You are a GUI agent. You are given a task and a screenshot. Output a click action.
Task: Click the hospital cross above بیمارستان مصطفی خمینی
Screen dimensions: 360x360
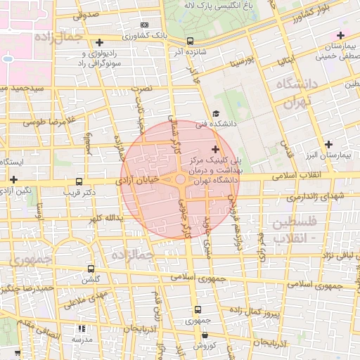340,35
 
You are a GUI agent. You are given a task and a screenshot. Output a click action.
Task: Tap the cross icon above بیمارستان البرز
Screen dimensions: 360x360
329,144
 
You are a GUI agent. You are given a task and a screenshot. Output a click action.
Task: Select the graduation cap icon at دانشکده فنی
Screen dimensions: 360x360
216,114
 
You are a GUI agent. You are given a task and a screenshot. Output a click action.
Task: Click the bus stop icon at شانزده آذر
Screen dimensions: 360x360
191,41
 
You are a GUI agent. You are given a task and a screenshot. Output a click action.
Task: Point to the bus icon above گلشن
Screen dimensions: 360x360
90,269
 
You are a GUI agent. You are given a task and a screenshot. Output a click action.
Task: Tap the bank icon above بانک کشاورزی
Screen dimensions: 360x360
145,24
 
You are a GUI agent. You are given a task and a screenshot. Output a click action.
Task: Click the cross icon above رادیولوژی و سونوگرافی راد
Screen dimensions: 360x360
100,43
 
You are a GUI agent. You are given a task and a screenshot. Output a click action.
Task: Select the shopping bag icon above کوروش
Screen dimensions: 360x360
205,336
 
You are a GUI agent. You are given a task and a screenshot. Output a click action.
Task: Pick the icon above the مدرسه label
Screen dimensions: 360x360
82,328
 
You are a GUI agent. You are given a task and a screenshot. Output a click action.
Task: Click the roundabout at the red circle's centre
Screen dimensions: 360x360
181,181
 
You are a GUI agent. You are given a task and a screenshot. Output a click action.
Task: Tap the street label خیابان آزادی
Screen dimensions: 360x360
137,181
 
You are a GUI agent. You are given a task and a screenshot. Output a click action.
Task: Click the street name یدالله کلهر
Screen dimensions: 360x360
105,218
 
